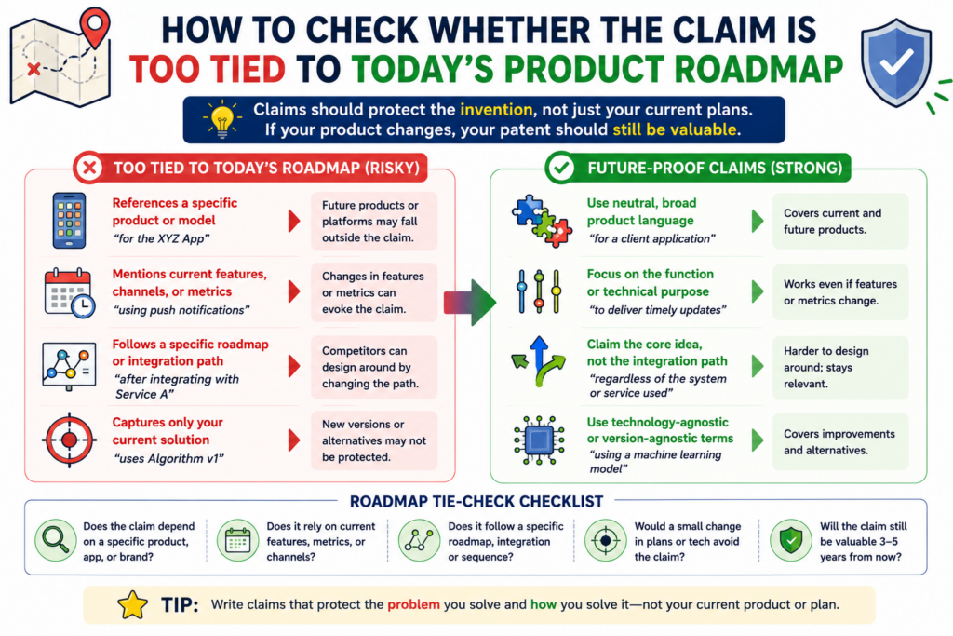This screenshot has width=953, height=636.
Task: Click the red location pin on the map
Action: coord(96,24)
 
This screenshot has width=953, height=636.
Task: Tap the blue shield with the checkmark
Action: coord(896,62)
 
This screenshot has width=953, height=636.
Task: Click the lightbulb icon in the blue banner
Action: coord(222,118)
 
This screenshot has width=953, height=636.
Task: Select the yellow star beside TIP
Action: coord(132,605)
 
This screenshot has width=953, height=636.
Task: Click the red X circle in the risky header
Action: coord(89,168)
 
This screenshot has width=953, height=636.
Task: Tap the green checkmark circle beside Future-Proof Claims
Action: coord(561,168)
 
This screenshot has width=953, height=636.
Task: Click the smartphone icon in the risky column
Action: coord(69,220)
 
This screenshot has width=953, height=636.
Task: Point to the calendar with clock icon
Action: coord(69,292)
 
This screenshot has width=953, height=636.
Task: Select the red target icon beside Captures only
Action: coord(69,440)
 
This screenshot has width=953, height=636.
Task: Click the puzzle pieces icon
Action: coord(542,221)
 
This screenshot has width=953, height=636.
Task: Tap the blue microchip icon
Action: coord(539,440)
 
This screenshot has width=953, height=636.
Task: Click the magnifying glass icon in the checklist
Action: coord(55,540)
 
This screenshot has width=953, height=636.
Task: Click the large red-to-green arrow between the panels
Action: coord(470,302)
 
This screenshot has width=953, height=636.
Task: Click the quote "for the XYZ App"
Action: coord(161,238)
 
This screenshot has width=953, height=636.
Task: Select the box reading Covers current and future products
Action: coord(840,222)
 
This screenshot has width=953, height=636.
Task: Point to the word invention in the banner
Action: coord(496,110)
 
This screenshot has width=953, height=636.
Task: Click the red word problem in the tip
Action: coord(413,604)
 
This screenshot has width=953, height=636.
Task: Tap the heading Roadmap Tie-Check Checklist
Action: coord(476,501)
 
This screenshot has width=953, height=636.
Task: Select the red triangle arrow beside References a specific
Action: coord(294,221)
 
